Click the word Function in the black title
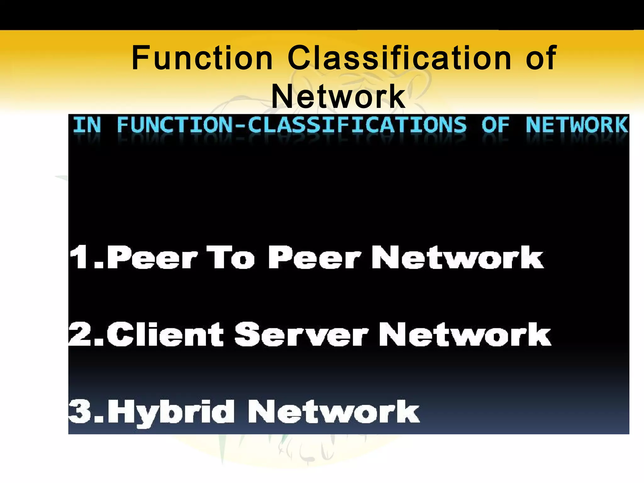(x=202, y=58)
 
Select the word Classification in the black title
(x=399, y=58)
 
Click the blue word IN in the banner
(x=87, y=125)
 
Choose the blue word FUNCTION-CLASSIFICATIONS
(x=291, y=125)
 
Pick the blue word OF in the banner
(x=495, y=125)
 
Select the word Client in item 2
(x=165, y=334)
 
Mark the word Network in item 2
(x=465, y=334)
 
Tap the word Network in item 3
(x=333, y=411)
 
